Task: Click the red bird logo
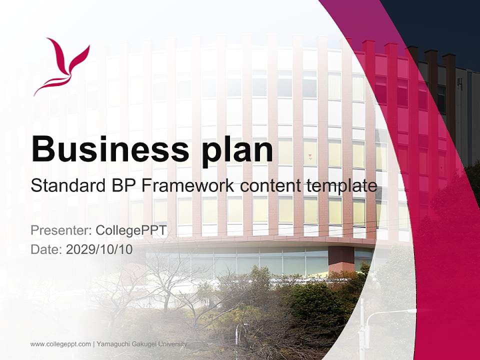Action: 61,66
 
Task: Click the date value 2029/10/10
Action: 99,249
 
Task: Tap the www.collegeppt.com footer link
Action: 60,344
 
